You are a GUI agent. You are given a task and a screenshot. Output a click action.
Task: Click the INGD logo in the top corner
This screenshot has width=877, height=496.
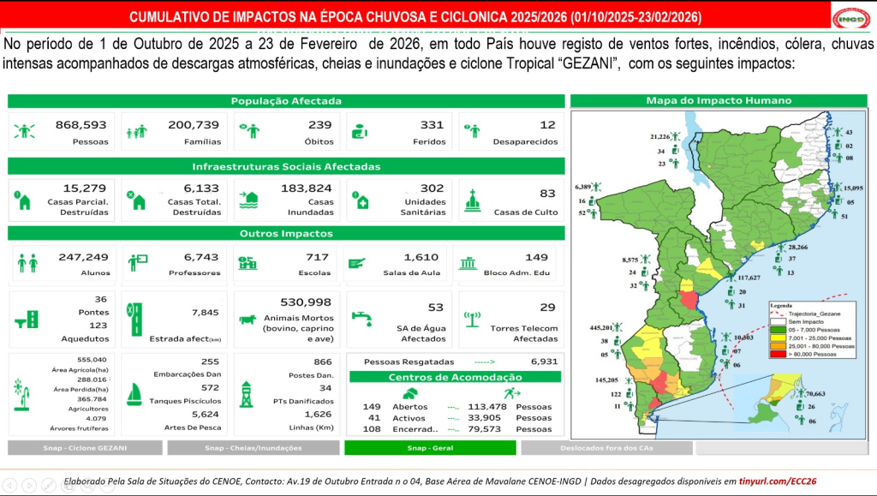tap(850, 17)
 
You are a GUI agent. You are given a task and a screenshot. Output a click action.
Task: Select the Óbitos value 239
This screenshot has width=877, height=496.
tap(319, 125)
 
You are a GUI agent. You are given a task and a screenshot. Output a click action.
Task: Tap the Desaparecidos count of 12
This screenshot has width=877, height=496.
tap(547, 125)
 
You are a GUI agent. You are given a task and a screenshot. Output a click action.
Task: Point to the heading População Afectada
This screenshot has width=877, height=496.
tap(286, 101)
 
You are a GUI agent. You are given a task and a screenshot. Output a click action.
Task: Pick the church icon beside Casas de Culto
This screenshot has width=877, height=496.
tap(473, 200)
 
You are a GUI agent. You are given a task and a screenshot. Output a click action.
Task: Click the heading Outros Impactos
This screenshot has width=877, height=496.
tap(286, 233)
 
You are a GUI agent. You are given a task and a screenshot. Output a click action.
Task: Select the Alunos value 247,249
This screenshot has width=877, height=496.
tap(83, 257)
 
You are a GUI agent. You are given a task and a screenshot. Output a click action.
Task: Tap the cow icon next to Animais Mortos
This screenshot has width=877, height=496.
tap(248, 320)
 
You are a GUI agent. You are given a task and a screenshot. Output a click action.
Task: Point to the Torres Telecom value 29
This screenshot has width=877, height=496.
tap(547, 308)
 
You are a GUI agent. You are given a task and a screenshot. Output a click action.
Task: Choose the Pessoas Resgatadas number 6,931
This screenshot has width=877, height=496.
tap(544, 362)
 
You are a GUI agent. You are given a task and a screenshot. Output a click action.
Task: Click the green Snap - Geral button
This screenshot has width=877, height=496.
tap(430, 448)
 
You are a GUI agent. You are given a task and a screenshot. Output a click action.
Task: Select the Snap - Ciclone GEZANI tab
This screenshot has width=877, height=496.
tap(85, 448)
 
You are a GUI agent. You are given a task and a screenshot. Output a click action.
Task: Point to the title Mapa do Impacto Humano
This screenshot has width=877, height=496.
tap(719, 101)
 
